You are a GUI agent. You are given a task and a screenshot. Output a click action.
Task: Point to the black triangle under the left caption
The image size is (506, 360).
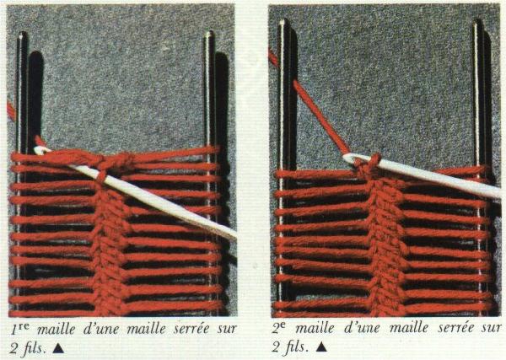[58, 348]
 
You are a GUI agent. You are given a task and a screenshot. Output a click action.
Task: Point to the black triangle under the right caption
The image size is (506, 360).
[321, 347]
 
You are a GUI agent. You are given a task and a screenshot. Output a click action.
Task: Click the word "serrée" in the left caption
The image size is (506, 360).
[191, 329]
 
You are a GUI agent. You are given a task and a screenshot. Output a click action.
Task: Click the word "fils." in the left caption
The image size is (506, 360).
[34, 348]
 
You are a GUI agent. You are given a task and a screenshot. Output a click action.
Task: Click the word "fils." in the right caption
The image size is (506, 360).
[297, 347]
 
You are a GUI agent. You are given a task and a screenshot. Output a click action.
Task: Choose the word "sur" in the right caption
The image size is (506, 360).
[492, 329]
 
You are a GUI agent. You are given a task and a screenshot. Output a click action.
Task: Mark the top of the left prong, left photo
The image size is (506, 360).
[22, 34]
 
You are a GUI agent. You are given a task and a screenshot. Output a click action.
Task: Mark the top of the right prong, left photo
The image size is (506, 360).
[209, 34]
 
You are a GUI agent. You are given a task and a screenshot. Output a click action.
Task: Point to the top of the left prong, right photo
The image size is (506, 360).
[283, 22]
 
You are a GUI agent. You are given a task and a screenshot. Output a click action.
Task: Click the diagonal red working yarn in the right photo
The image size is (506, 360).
[321, 117]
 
